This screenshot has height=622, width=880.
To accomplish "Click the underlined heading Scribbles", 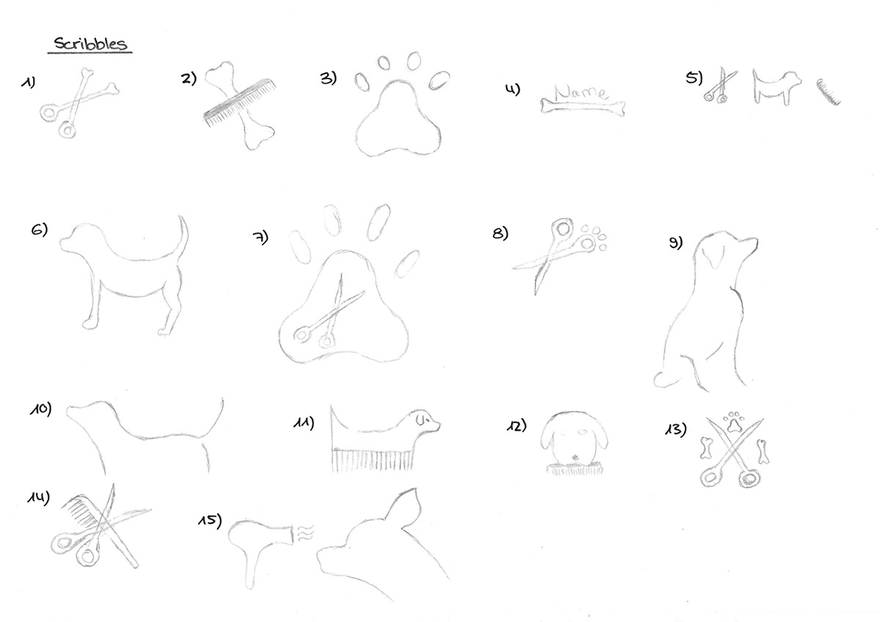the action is tap(90, 44).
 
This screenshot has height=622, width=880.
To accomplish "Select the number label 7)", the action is tap(260, 238).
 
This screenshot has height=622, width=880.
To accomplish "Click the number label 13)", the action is tap(675, 428).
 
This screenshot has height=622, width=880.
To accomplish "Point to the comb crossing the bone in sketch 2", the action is tap(240, 103).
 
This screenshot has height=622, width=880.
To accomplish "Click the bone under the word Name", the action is tap(582, 107).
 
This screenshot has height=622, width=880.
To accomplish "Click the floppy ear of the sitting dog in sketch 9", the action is tap(712, 257).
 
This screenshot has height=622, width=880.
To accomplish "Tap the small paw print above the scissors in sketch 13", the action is tap(734, 422).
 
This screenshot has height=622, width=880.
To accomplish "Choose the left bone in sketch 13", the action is tap(706, 448).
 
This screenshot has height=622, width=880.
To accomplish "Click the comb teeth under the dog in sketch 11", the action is tap(373, 459).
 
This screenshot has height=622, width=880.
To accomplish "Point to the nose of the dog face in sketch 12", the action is tap(575, 457).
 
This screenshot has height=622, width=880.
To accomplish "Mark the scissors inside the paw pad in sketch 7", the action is tap(330, 315).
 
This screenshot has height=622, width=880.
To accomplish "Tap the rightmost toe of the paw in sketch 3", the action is tap(439, 80).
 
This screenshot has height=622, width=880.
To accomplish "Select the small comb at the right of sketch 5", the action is tap(828, 92).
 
